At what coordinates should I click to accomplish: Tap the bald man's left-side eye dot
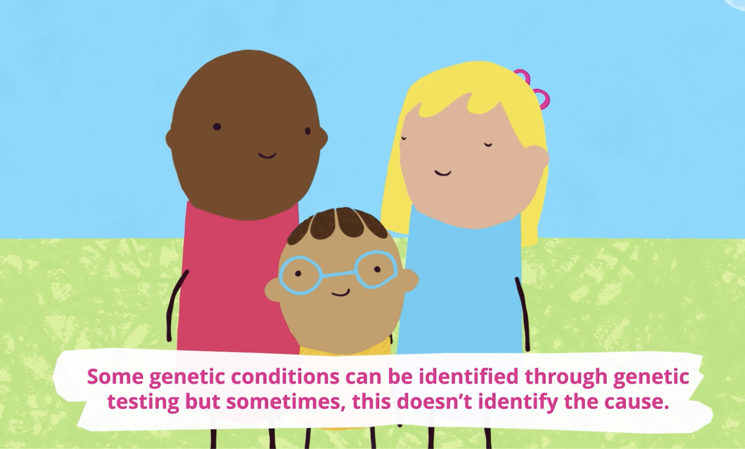click(217, 127)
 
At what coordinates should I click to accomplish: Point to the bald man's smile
click(267, 155)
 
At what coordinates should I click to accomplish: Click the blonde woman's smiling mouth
click(443, 173)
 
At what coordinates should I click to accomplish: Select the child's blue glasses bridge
click(338, 274)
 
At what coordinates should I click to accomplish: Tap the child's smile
click(341, 293)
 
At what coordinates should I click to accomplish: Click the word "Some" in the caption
click(115, 377)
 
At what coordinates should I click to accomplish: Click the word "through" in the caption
click(565, 377)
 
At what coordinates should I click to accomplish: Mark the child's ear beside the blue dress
click(410, 281)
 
